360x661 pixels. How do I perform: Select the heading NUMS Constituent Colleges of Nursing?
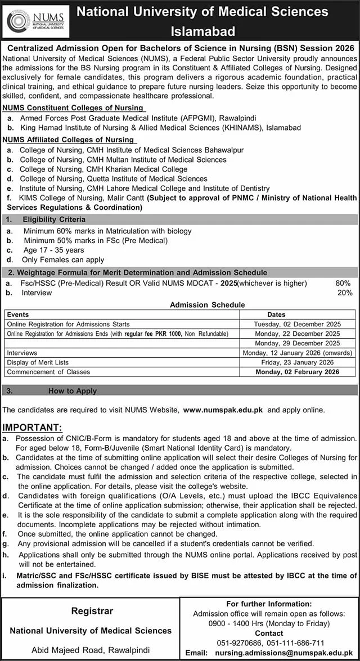tap(72, 108)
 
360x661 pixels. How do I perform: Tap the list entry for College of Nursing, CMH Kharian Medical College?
tap(103, 169)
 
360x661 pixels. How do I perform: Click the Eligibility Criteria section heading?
tap(54, 219)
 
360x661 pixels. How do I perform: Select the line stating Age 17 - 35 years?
tap(53, 250)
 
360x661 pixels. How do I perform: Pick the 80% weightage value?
tap(343, 284)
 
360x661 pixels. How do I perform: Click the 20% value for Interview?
tap(344, 293)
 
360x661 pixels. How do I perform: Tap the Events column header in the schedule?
tap(18, 315)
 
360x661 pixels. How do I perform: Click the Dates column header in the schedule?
tap(276, 315)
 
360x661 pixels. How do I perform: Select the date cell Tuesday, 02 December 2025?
tap(297, 325)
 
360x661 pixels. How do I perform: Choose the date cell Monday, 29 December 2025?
tap(297, 343)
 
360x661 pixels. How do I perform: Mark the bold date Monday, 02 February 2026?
tap(297, 372)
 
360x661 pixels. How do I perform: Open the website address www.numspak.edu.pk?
tap(224, 411)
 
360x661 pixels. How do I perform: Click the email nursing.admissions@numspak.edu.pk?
tap(287, 653)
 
